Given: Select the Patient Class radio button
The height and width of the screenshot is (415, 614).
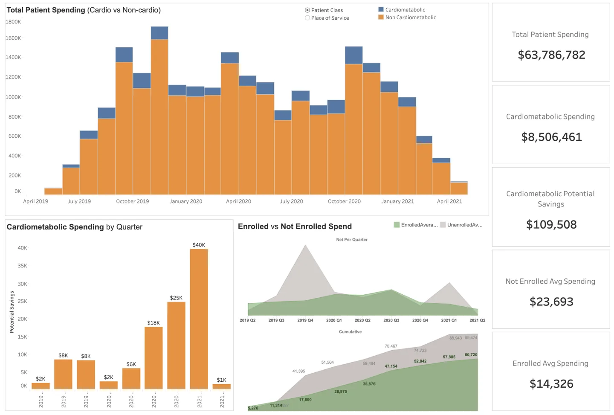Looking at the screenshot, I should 307,10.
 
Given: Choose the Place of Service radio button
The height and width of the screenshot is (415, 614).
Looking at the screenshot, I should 307,18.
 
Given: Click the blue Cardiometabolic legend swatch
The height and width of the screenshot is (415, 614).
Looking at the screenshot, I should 381,9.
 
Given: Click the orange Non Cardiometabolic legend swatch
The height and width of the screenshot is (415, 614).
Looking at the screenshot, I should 381,17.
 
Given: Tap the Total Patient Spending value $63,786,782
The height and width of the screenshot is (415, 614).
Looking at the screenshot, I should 551,55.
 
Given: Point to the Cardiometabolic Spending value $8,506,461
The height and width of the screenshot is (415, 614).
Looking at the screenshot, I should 551,137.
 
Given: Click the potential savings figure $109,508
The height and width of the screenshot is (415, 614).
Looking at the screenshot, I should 551,225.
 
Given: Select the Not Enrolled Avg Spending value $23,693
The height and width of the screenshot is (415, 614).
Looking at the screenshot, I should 551,302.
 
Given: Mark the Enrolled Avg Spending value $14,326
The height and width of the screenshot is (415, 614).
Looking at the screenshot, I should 551,384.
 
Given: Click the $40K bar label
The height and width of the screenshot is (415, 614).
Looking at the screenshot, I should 199,245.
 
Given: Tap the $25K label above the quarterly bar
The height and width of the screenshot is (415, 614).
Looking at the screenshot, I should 176,298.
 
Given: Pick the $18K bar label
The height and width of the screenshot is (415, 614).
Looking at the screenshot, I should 153,322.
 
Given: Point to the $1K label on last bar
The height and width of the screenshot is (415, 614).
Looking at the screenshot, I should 221,380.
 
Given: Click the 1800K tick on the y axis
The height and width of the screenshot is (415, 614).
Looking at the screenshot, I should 13,22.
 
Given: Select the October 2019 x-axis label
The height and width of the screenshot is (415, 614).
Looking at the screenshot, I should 132,201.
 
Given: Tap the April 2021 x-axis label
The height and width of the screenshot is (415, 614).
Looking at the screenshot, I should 449,201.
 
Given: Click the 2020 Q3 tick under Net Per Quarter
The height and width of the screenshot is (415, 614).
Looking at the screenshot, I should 391,320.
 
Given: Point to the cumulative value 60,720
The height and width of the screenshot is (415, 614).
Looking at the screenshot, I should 471,354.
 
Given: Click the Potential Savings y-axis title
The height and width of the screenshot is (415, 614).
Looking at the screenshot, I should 12,312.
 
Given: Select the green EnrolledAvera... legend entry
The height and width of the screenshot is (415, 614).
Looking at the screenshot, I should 416,225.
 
